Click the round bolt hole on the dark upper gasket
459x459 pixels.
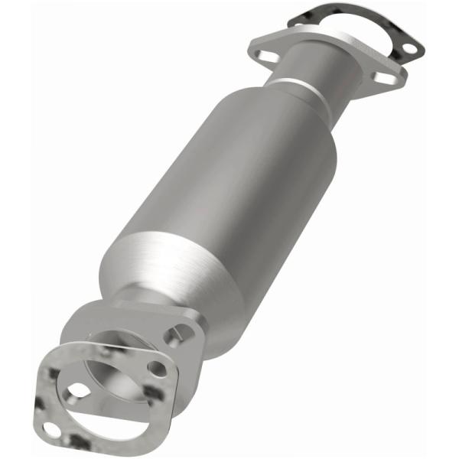point(409,49)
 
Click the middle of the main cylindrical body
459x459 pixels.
point(229,191)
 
